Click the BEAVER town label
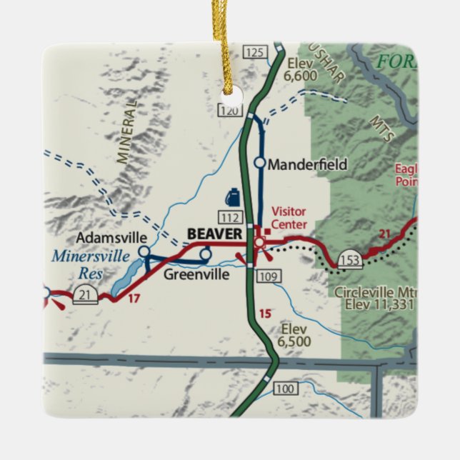(x=215, y=234)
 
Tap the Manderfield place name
(x=307, y=164)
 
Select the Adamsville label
(x=111, y=238)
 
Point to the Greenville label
(x=196, y=274)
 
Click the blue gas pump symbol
(x=233, y=196)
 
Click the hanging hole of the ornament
(x=229, y=92)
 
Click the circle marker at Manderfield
(x=260, y=164)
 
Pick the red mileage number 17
(x=133, y=299)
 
